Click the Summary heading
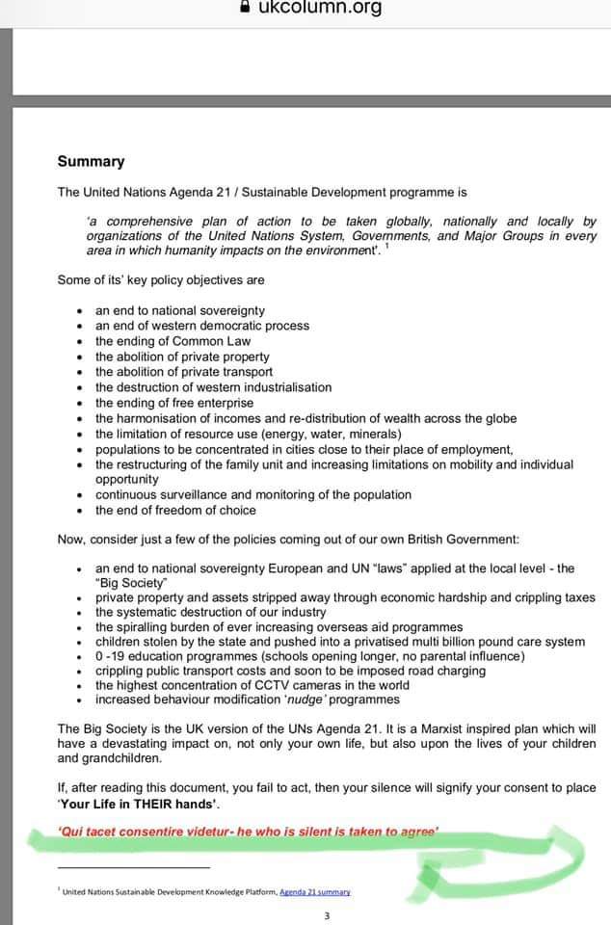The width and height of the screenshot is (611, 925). coord(91,162)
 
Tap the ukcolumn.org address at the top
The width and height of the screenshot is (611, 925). coord(320,9)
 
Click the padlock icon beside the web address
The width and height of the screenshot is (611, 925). coord(245,8)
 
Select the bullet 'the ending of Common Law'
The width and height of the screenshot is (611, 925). coord(173,341)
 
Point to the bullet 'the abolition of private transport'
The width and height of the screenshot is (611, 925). coord(183,372)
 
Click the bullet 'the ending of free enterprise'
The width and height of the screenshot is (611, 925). coord(173,403)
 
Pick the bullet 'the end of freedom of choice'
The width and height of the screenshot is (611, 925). coord(175,511)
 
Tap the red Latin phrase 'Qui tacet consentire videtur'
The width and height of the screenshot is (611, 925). coord(142,831)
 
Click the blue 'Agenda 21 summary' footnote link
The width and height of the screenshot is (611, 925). coord(315,891)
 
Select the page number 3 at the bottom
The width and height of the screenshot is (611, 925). coord(326,915)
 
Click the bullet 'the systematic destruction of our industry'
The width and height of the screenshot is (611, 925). coord(210,613)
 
